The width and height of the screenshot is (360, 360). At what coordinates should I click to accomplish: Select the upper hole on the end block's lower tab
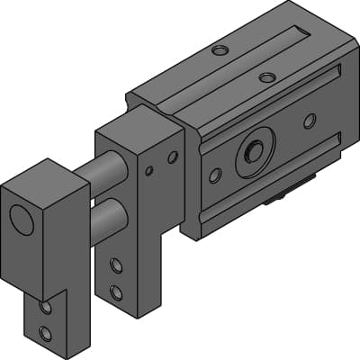click(x=46, y=309)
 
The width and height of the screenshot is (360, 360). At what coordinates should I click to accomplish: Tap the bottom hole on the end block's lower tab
click(x=46, y=335)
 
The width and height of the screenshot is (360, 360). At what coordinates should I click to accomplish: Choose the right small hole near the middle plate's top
click(x=173, y=157)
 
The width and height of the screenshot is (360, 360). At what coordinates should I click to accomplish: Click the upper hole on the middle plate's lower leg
click(x=116, y=265)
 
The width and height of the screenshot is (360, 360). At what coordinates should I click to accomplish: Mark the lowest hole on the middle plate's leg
click(x=116, y=292)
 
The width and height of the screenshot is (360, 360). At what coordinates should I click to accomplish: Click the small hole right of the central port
click(x=310, y=121)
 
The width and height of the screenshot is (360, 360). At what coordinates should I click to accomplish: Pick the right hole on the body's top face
click(x=267, y=77)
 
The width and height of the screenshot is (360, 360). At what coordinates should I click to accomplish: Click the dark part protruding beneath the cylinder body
click(x=288, y=193)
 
